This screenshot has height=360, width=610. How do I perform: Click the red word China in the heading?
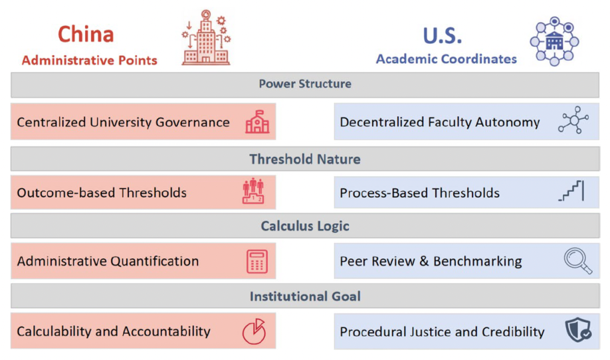[x=86, y=35]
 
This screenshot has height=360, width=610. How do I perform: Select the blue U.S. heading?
[x=443, y=35]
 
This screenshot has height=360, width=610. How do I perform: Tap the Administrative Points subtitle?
[x=90, y=60]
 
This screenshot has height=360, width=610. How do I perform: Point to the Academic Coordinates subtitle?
[x=447, y=58]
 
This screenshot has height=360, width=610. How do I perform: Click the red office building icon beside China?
[x=206, y=37]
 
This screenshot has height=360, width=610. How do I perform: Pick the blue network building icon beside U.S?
[x=554, y=41]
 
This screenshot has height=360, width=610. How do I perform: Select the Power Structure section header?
[x=305, y=84]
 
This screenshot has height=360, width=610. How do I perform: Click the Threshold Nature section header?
[x=305, y=159]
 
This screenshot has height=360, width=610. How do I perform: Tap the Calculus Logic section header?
[x=305, y=226]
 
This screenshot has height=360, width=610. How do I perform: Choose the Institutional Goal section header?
[x=305, y=296]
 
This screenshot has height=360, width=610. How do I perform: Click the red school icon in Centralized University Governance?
[x=257, y=122]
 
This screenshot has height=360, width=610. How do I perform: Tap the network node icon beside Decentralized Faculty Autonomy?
[x=573, y=120]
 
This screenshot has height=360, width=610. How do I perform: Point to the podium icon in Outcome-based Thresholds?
[x=253, y=191]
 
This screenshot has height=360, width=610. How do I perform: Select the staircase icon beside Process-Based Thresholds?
[x=571, y=191]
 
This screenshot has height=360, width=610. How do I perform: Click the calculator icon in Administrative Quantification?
[x=257, y=261]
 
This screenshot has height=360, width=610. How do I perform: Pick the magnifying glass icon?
[x=577, y=260]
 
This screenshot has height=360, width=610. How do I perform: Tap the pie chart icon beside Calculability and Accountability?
[x=254, y=331]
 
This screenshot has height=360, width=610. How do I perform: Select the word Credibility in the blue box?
[x=513, y=331]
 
